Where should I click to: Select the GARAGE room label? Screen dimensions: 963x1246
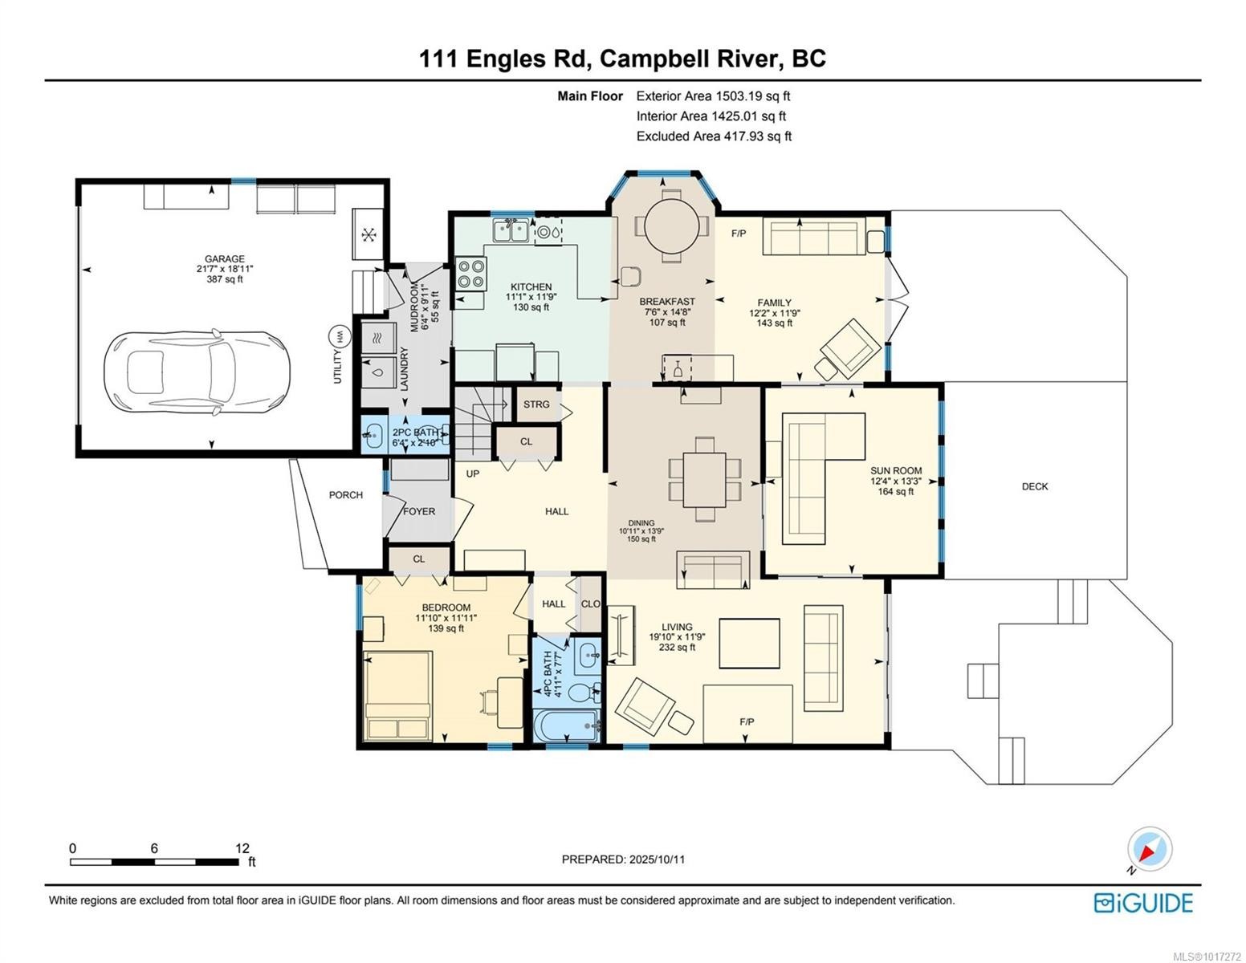pyautogui.click(x=224, y=259)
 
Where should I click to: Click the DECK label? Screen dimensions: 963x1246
pyautogui.click(x=1034, y=486)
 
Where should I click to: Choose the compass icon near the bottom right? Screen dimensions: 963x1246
pyautogui.click(x=1149, y=850)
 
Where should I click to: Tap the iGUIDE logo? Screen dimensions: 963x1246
pyautogui.click(x=1143, y=903)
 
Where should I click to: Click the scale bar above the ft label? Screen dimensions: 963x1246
pyautogui.click(x=154, y=862)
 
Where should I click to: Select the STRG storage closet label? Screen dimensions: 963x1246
pyautogui.click(x=536, y=404)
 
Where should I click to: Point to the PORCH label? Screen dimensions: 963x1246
pyautogui.click(x=345, y=495)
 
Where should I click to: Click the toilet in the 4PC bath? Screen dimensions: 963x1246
pyautogui.click(x=581, y=690)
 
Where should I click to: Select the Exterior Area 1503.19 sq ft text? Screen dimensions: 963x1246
pyautogui.click(x=713, y=96)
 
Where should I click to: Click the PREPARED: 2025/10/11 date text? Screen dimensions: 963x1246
pyautogui.click(x=623, y=859)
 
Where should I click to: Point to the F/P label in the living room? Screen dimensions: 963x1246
pyautogui.click(x=747, y=722)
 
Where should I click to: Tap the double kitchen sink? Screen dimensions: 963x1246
pyautogui.click(x=511, y=231)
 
